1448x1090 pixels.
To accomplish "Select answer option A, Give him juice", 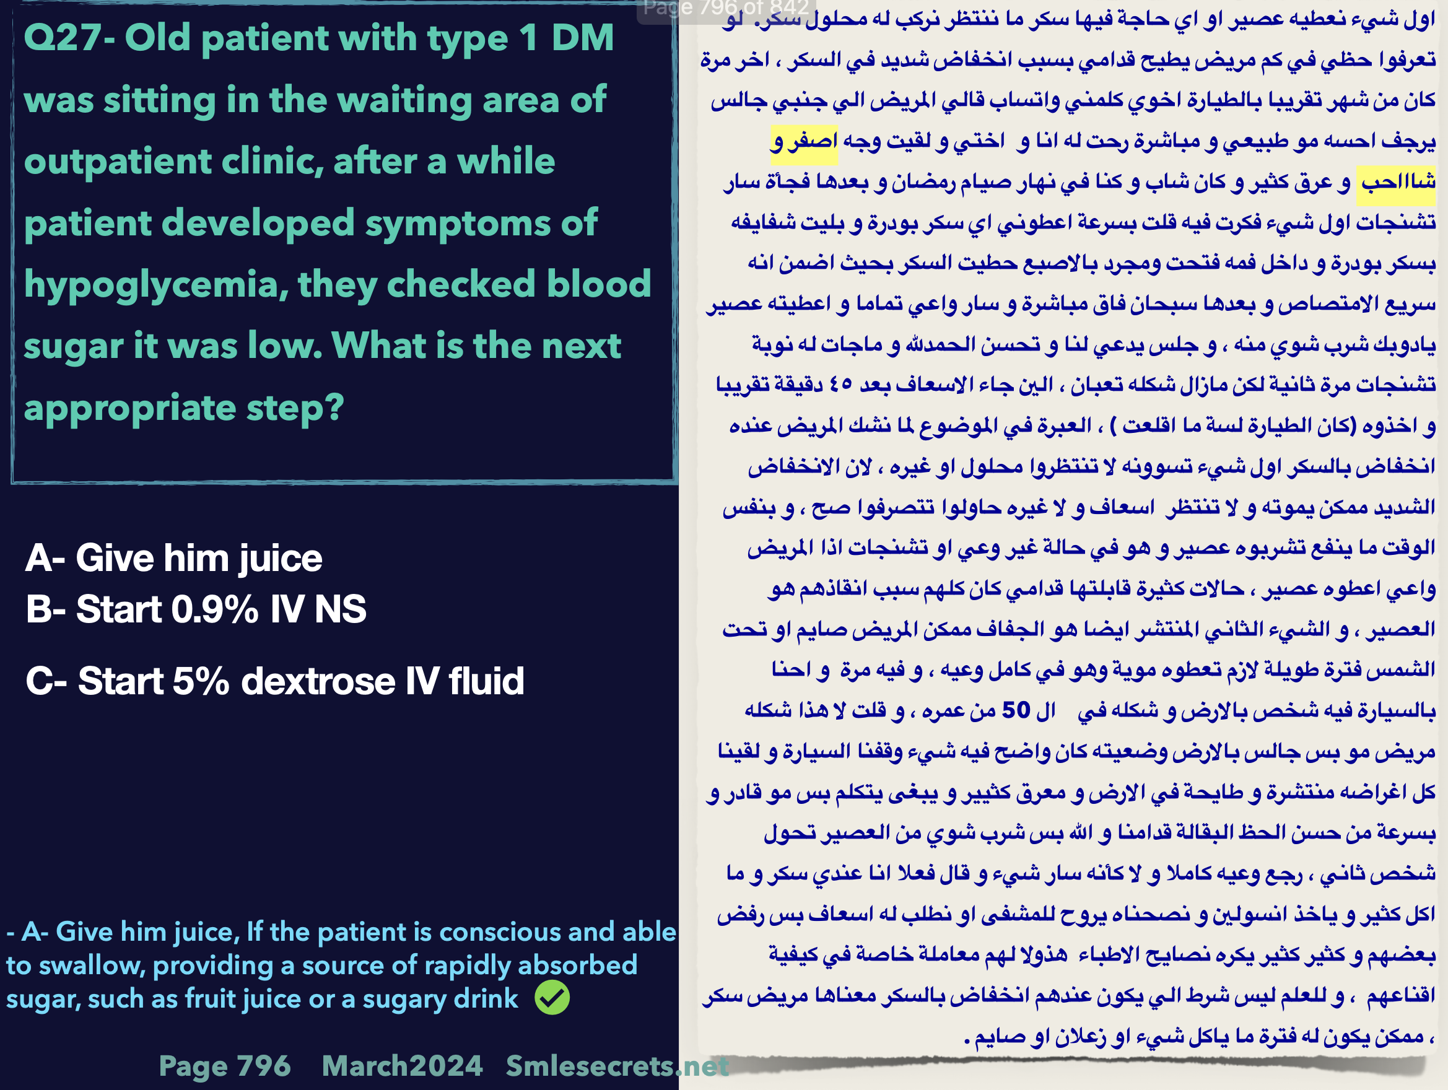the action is (x=174, y=559).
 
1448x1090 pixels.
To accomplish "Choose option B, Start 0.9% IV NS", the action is (x=196, y=609).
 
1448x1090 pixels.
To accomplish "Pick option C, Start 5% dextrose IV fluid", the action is (x=275, y=681).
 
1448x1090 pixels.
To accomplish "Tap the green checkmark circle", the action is (x=552, y=998).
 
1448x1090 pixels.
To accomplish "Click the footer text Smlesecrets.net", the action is (x=617, y=1066).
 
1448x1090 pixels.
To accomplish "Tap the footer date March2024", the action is (x=402, y=1066).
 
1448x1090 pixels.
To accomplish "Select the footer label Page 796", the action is (x=225, y=1066).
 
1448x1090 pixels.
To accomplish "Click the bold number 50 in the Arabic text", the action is (x=1016, y=710).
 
